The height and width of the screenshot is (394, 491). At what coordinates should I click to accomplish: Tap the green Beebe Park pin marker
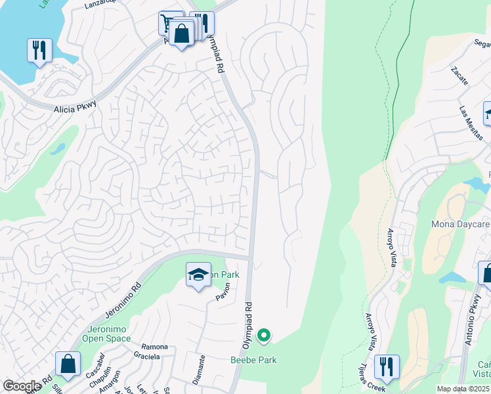tap(264, 336)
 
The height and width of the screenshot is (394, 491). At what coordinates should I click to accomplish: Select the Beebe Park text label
tap(253, 360)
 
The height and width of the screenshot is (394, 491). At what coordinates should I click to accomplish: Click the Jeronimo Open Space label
tap(106, 334)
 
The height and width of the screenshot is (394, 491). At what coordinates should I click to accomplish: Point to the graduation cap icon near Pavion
tap(198, 276)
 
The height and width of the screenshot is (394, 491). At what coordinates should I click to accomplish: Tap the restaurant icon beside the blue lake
tap(39, 51)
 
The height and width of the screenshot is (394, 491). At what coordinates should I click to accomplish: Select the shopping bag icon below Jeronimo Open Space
tap(68, 364)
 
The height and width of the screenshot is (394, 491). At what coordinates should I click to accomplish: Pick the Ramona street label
tap(154, 346)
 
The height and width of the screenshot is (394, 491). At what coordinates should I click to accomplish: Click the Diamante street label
tap(202, 370)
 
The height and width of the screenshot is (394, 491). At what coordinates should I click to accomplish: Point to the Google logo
tap(22, 386)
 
